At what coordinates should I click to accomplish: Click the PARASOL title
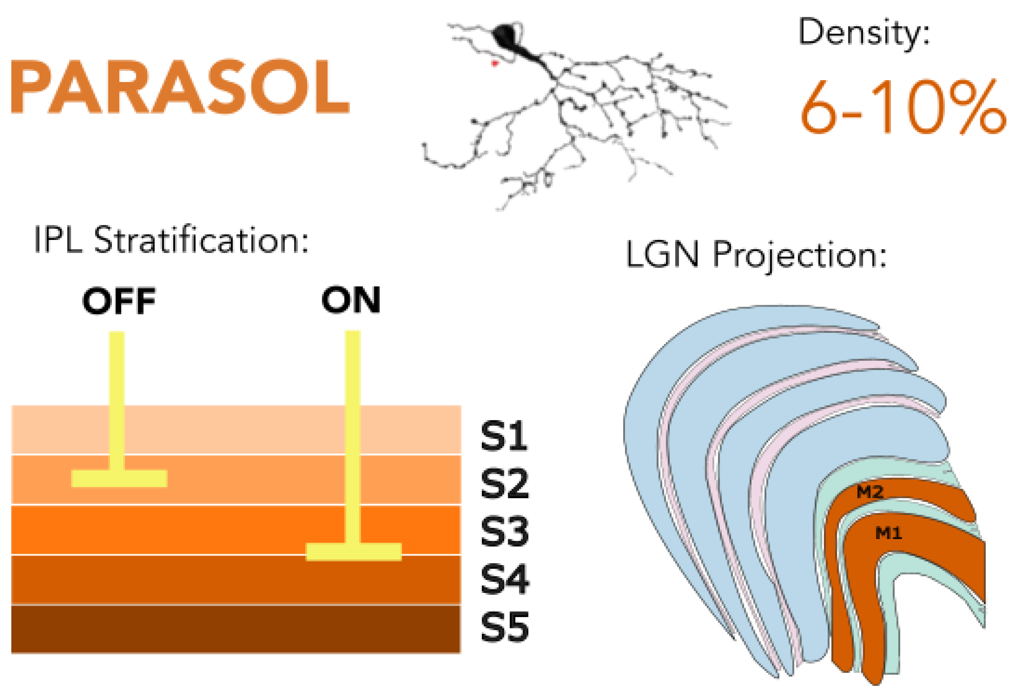pos(180,86)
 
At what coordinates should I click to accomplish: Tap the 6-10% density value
pos(901,108)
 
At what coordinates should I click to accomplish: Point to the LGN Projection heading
pos(756,255)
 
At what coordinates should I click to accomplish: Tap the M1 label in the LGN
pos(888,533)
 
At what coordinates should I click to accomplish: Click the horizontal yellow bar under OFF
pos(119,478)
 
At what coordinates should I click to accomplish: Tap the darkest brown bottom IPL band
pos(235,628)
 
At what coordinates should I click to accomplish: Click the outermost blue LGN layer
pos(653,436)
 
